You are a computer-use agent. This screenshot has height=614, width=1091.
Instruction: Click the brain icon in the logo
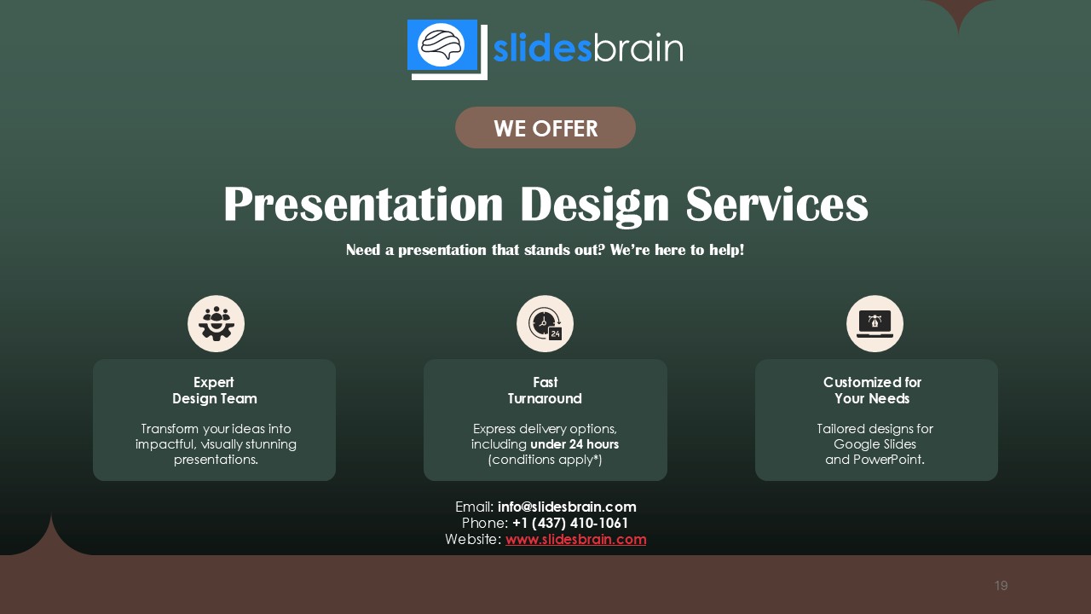[442, 43]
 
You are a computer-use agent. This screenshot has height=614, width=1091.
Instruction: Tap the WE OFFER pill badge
[545, 128]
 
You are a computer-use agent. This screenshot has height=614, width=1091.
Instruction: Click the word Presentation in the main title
[364, 206]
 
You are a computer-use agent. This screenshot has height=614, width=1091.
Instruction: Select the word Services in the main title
[776, 206]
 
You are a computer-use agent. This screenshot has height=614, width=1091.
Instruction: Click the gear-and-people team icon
[216, 324]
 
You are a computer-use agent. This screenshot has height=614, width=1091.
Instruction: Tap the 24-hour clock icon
[545, 324]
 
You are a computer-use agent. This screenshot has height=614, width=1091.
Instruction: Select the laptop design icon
[875, 324]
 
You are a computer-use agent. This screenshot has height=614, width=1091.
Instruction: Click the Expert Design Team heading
[214, 391]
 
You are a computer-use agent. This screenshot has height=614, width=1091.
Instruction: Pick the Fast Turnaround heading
[545, 391]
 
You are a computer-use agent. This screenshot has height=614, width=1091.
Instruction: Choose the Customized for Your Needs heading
[872, 391]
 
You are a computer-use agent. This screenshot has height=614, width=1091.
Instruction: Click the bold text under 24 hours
[574, 444]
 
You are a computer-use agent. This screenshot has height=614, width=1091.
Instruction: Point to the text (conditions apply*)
[545, 460]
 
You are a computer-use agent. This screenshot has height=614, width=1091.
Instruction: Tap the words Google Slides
[875, 444]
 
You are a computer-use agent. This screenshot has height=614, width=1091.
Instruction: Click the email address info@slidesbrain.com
[567, 507]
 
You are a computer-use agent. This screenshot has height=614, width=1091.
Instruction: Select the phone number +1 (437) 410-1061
[570, 523]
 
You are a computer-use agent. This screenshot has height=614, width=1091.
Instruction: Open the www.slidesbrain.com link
[575, 539]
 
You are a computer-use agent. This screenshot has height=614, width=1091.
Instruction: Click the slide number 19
[1001, 585]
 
